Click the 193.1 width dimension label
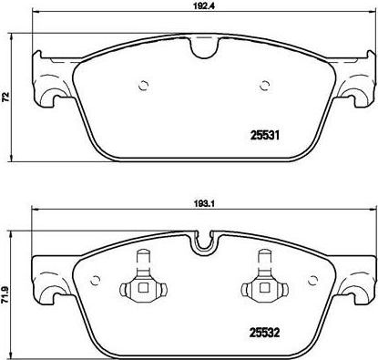point(200,204)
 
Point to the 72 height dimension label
point(5,97)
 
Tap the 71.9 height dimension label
point(5,295)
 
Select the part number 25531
point(264,135)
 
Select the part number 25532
point(264,333)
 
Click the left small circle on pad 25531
point(143,86)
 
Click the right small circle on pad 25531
point(265,86)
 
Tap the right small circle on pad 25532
point(312,281)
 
